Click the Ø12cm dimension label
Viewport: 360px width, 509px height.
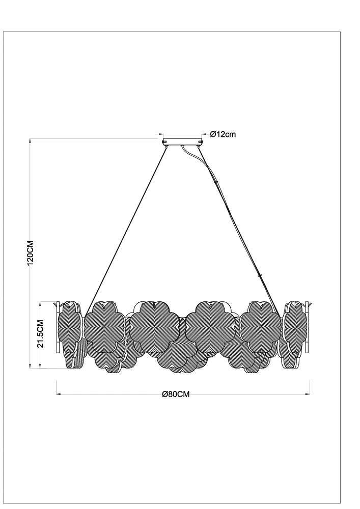click(x=223, y=134)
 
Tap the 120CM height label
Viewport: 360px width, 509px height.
click(x=31, y=253)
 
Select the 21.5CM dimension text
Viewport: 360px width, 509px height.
click(x=40, y=334)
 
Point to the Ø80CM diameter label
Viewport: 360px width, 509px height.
click(x=176, y=394)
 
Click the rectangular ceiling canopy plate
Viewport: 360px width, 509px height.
click(x=182, y=142)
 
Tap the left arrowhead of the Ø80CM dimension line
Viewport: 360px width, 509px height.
click(x=59, y=394)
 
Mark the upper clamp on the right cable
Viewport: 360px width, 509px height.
click(x=215, y=182)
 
